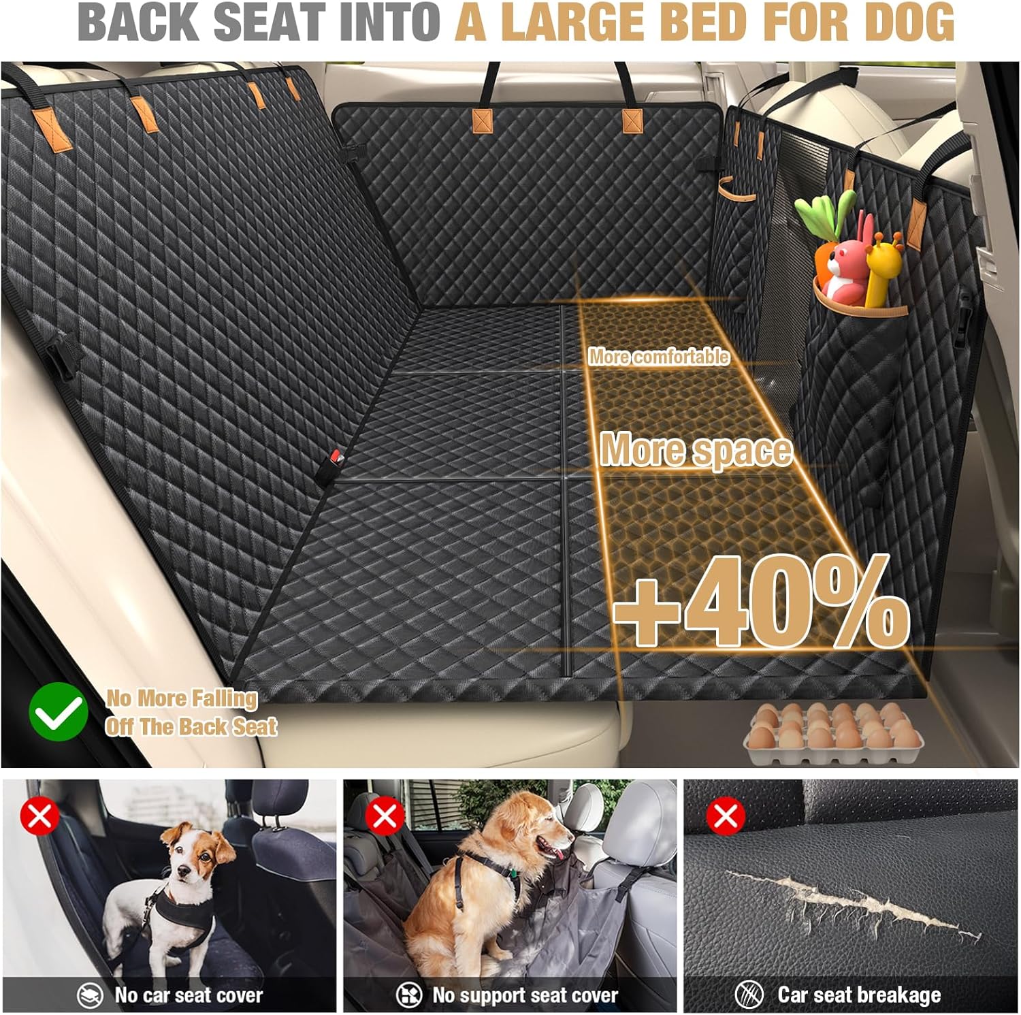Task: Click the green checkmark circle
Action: click(59, 711)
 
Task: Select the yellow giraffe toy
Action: click(881, 269)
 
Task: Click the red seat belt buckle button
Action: click(335, 455)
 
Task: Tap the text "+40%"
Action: click(761, 600)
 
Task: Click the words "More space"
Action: click(696, 450)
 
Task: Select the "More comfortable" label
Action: click(658, 357)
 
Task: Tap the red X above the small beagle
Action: click(39, 816)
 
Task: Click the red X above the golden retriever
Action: click(384, 816)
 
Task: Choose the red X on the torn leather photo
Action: click(725, 816)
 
